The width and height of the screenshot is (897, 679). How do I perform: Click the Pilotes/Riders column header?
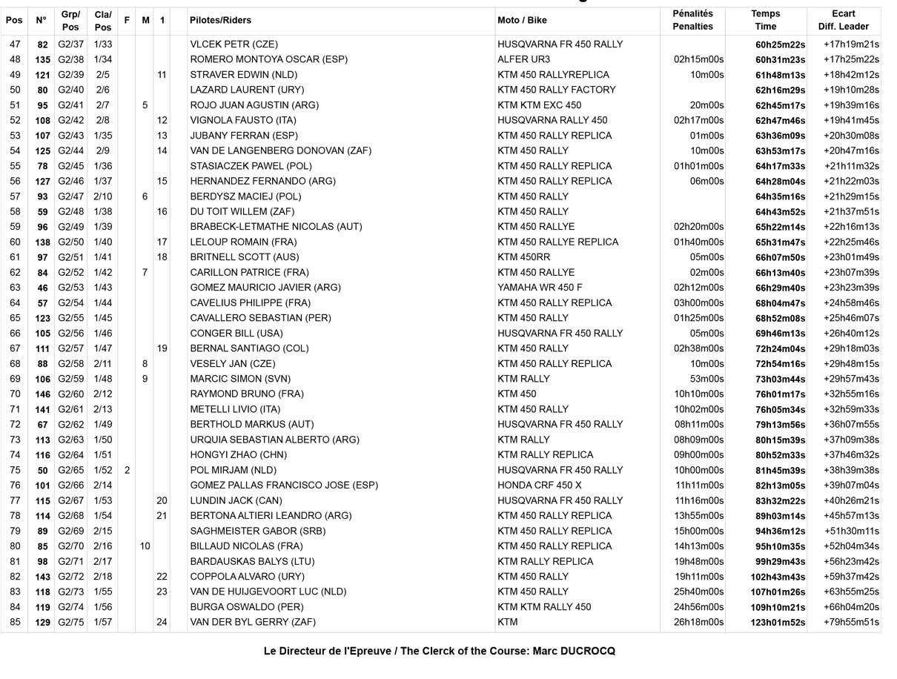[x=220, y=20]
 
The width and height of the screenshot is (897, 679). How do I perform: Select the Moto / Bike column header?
[x=523, y=20]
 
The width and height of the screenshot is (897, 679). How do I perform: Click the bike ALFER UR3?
[x=523, y=59]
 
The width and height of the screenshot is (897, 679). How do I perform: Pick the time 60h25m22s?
[x=780, y=44]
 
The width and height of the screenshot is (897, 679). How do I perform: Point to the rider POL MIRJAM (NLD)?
[x=233, y=470]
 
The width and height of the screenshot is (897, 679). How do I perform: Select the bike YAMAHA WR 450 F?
[x=540, y=288]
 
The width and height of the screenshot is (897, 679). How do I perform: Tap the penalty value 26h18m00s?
[x=698, y=622]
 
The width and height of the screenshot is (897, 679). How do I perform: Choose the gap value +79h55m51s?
[x=851, y=622]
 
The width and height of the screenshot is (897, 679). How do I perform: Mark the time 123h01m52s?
[x=778, y=623]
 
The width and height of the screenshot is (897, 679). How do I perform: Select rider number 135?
[x=42, y=59]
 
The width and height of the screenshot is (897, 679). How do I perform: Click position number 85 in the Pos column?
[x=15, y=622]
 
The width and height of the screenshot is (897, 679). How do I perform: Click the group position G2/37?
[x=71, y=44]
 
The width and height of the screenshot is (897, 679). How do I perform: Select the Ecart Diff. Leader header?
[x=843, y=20]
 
